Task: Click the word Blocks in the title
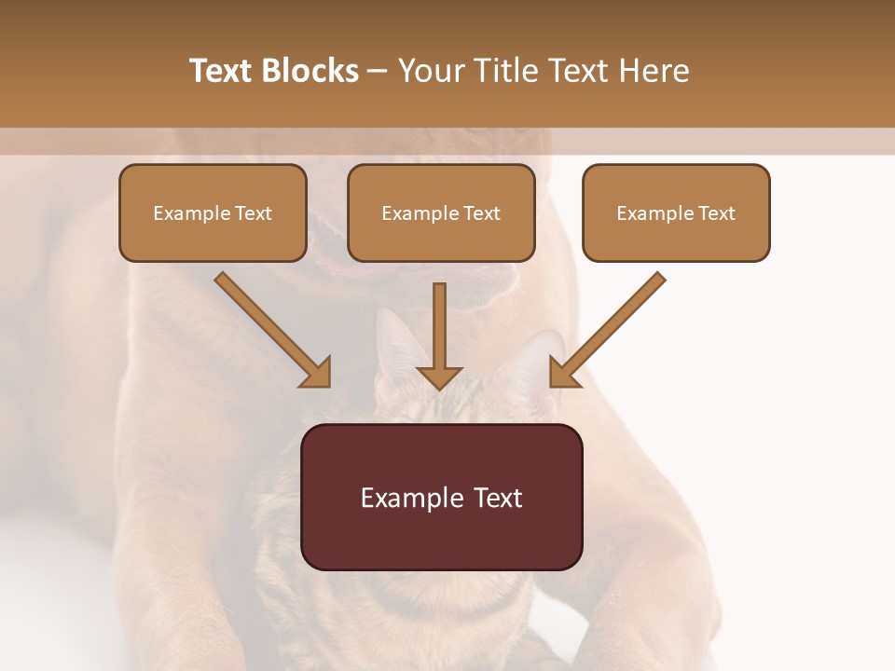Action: point(310,71)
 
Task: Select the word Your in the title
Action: point(430,71)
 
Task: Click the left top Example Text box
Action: point(213,212)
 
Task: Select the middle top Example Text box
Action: point(441,212)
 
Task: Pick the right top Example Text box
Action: point(676,212)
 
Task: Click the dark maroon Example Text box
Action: point(441,497)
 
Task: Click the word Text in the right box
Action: point(717,213)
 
